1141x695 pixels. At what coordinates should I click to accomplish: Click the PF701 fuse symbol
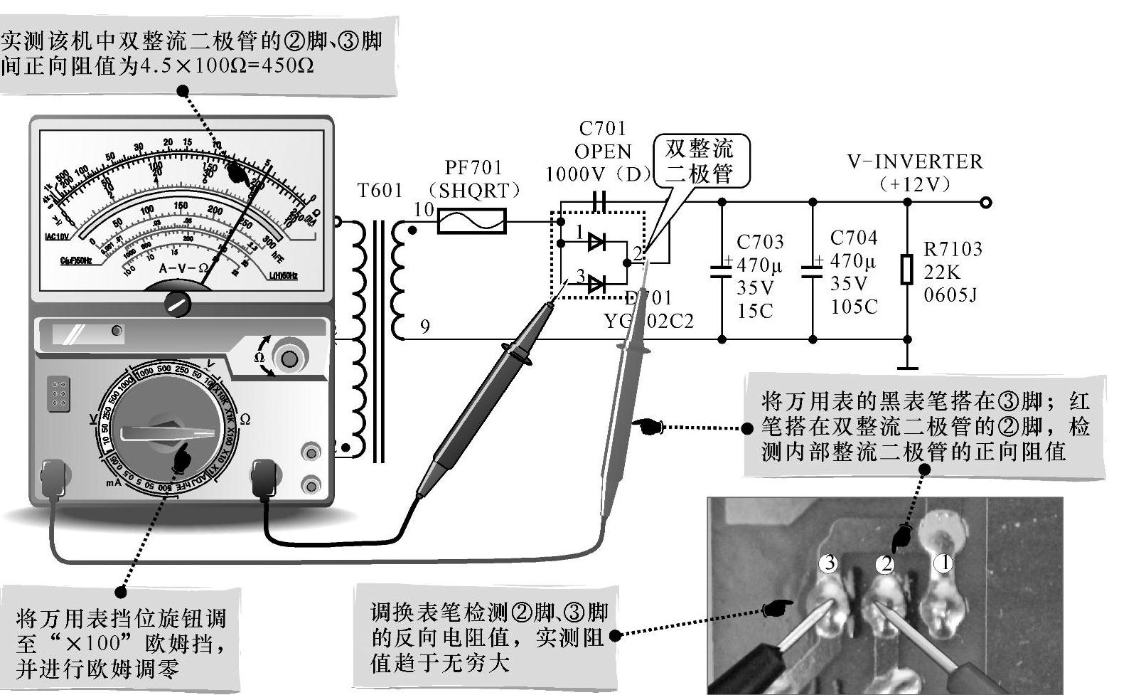(471, 221)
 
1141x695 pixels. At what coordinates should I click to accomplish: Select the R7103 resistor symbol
(906, 269)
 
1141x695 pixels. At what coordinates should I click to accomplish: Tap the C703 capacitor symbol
(722, 270)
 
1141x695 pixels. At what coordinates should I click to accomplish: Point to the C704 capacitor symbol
(812, 270)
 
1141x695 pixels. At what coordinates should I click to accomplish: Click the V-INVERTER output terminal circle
(985, 203)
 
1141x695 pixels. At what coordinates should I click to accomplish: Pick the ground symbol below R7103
(907, 368)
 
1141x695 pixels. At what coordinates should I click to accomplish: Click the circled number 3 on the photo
(828, 563)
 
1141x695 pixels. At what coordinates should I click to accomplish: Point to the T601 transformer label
(380, 191)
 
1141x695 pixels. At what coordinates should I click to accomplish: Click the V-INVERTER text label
(914, 162)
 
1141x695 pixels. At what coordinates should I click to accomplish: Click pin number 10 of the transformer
(424, 210)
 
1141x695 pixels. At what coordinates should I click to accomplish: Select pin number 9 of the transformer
(424, 327)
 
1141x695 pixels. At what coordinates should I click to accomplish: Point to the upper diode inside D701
(596, 242)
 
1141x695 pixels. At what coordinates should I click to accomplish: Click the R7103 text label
(952, 249)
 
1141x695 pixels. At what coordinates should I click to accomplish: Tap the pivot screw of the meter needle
(177, 304)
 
